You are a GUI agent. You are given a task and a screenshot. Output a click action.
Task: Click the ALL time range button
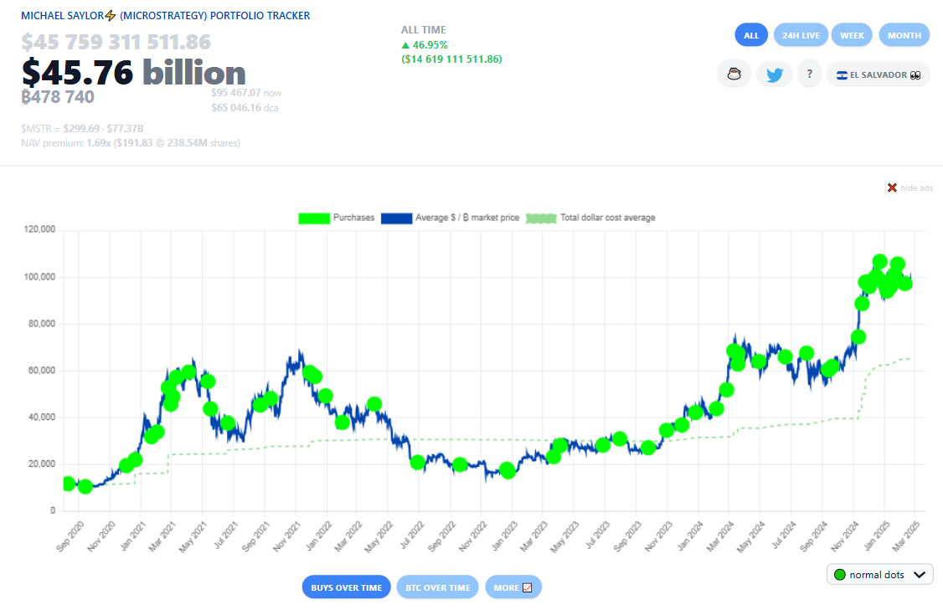[751, 35]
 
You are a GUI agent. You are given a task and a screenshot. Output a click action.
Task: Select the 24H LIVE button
[801, 35]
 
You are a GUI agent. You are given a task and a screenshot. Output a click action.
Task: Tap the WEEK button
[852, 35]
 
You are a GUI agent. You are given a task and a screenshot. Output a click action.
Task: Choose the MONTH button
[904, 35]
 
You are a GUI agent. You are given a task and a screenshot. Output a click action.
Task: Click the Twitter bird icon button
[775, 74]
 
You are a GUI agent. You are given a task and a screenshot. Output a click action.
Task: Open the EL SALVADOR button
[878, 74]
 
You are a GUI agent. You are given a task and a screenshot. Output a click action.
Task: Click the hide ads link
[910, 187]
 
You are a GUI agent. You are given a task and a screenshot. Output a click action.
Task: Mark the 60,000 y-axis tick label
[40, 370]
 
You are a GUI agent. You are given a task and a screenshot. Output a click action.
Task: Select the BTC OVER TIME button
[437, 587]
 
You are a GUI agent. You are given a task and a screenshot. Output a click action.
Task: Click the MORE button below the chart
[513, 587]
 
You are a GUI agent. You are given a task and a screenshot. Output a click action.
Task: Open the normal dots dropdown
[879, 575]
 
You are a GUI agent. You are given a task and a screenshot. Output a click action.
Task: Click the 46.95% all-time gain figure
[429, 45]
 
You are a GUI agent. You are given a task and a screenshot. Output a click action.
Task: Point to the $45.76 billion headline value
[134, 74]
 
